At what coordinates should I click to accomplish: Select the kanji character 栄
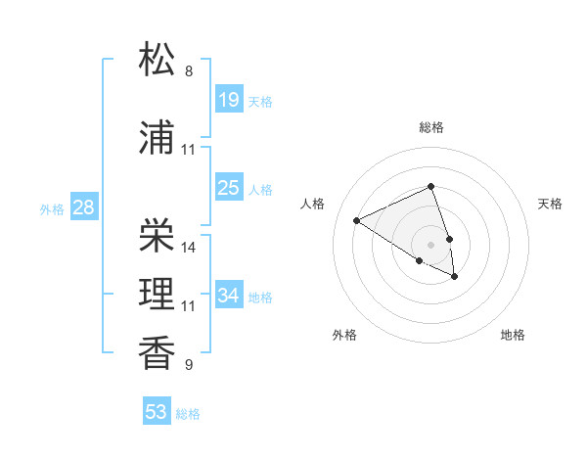158,234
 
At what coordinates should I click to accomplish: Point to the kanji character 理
158,293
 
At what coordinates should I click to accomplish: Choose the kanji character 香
158,352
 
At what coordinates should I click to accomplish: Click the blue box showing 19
229,100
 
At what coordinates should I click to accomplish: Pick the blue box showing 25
229,188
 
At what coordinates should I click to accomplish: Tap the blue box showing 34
229,296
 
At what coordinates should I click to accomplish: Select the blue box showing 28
83,207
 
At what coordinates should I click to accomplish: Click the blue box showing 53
157,412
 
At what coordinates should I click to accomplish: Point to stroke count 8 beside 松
189,71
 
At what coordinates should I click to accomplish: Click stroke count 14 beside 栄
189,247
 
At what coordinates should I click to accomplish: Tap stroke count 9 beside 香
189,365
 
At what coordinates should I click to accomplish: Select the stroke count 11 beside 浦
189,150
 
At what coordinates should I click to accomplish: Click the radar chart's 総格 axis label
431,127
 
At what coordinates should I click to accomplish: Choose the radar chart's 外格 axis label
344,335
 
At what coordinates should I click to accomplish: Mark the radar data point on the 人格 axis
357,220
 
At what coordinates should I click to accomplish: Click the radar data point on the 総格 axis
430,186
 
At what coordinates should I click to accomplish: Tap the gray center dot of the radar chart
430,244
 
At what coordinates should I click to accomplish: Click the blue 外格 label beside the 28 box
52,208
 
